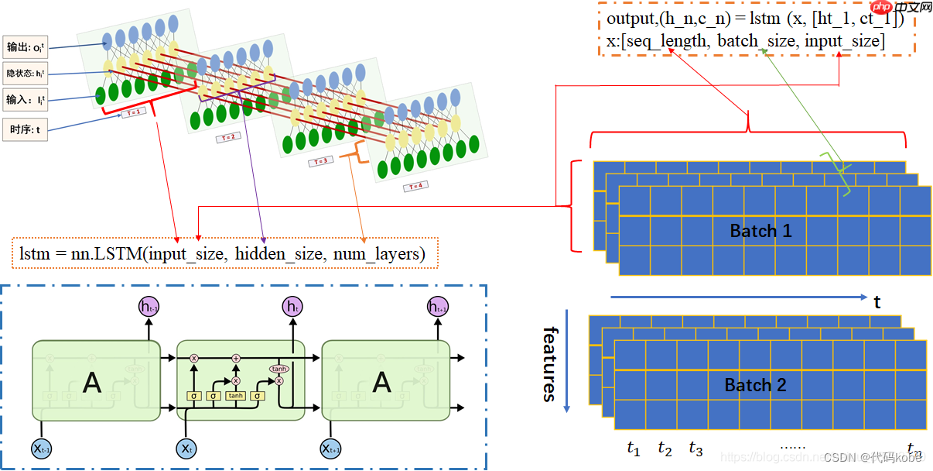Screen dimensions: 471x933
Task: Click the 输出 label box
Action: tap(25, 47)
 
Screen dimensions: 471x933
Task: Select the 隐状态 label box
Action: tap(25, 74)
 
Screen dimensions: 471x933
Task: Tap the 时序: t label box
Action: tap(25, 129)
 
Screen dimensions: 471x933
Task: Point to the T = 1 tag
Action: tap(133, 112)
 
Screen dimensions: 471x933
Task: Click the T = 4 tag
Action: tap(414, 186)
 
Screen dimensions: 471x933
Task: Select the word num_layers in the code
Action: tap(374, 253)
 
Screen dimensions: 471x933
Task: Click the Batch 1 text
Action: tap(760, 231)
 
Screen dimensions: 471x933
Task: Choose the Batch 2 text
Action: tap(755, 385)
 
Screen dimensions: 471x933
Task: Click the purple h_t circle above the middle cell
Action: tap(292, 308)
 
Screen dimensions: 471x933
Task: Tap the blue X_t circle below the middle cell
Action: tap(186, 449)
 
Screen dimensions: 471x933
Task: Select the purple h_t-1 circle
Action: tap(149, 308)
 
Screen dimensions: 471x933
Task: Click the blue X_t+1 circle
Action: tap(330, 449)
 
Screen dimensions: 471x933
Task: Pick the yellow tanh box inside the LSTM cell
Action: tap(236, 396)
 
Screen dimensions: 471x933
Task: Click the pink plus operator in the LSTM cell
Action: tap(236, 359)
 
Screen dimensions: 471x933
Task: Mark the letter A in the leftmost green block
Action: tap(91, 383)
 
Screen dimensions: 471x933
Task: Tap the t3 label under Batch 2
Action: tap(695, 449)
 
